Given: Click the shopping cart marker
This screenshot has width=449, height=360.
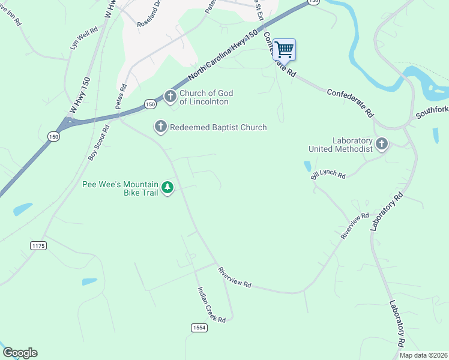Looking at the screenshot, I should point(284,49).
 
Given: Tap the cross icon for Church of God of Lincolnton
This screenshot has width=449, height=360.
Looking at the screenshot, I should point(170,96).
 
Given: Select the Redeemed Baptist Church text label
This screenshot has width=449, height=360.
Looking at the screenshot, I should point(218,127).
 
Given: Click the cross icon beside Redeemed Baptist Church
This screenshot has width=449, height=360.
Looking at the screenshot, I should point(160,127).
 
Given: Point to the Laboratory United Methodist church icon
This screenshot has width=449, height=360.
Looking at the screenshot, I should point(382,143).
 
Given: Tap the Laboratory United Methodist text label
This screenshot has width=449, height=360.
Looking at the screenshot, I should point(340,145).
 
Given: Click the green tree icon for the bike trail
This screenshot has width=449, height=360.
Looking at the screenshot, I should point(168,188).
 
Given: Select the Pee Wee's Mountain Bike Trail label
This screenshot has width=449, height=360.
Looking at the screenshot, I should point(119,188).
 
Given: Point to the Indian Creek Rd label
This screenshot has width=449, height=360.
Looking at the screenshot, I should point(211,305).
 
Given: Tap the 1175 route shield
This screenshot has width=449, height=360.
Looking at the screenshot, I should point(38,245).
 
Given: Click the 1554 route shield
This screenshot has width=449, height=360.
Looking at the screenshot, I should point(199,328).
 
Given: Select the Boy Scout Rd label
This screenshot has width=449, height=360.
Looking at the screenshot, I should point(99,143).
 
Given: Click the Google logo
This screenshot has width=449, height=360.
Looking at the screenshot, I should point(20,353).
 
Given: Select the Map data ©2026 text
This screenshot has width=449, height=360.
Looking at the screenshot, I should point(423,355).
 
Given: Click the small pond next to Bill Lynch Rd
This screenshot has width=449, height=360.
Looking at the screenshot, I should point(308,166).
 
